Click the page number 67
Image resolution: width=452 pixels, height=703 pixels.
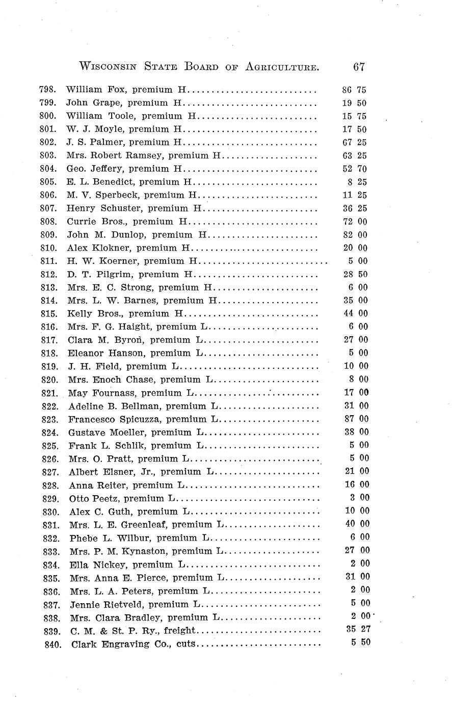358,67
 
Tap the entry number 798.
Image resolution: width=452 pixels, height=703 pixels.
47,90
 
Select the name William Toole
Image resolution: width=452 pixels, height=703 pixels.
95,116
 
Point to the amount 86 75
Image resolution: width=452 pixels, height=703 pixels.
354,90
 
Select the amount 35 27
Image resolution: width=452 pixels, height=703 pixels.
358,629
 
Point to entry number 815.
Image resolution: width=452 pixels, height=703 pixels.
47,314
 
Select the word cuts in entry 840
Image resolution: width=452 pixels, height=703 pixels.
186,644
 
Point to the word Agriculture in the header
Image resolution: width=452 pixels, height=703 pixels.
276,67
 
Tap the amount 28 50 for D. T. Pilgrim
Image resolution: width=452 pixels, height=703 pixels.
355,274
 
